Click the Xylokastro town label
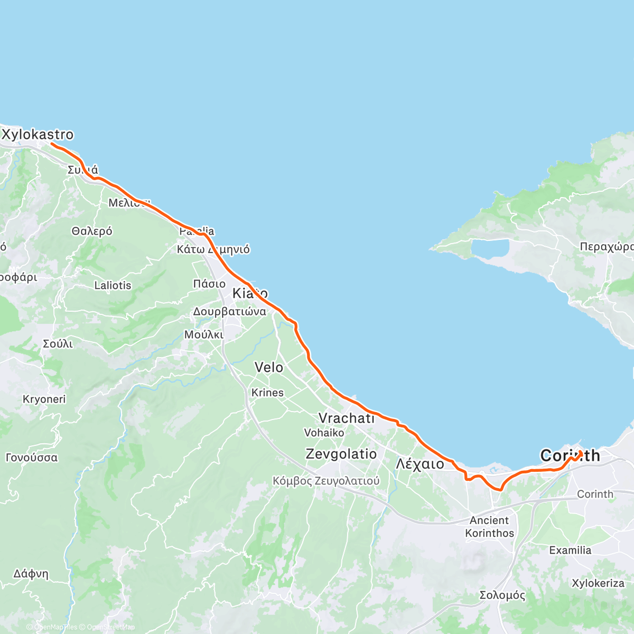tap(38, 135)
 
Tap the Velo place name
tap(269, 368)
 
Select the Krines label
tap(267, 393)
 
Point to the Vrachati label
tap(346, 418)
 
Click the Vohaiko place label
tap(324, 433)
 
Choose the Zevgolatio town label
tap(341, 454)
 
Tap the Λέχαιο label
tap(420, 464)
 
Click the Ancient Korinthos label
tap(489, 527)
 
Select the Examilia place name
tap(570, 551)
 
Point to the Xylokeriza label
tap(598, 583)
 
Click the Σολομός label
tap(502, 595)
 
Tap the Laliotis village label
tap(113, 285)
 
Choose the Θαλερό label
tap(92, 231)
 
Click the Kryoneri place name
tap(44, 399)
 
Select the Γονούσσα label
tap(32, 458)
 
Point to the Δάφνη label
tap(31, 574)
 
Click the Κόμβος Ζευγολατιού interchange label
tap(326, 481)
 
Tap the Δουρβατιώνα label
tap(229, 312)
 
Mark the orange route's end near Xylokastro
tap(52, 143)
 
